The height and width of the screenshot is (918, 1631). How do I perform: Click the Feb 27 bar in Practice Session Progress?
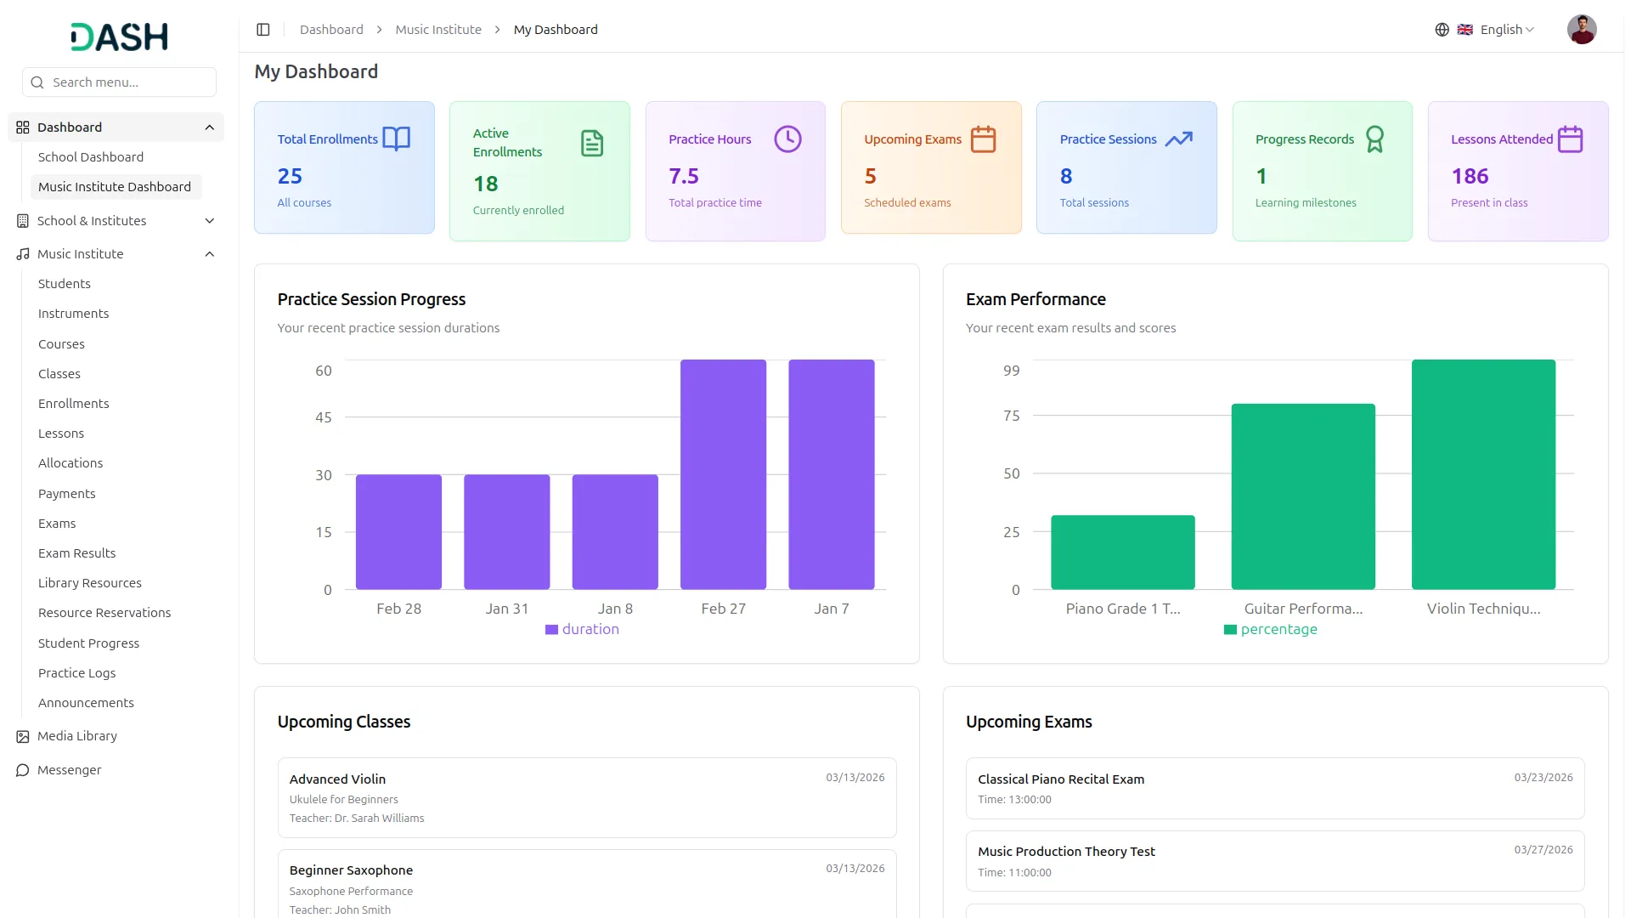click(x=723, y=474)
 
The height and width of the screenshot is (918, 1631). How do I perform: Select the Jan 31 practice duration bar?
click(x=507, y=532)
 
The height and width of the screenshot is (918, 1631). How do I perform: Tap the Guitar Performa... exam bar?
click(x=1303, y=496)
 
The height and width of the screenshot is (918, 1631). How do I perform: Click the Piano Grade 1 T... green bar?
click(x=1123, y=552)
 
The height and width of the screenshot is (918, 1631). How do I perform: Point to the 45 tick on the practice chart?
click(x=324, y=417)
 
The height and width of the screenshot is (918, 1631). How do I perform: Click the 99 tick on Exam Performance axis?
click(x=1011, y=371)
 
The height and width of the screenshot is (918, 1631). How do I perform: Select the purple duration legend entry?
click(x=583, y=629)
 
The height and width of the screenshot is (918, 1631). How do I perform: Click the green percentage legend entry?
click(x=1271, y=629)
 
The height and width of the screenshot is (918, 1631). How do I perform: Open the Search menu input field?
click(x=119, y=82)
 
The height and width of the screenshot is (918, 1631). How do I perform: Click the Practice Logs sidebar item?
click(x=76, y=673)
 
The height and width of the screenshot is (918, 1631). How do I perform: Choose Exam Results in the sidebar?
click(x=76, y=553)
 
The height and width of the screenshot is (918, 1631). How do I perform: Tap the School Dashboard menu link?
click(x=91, y=157)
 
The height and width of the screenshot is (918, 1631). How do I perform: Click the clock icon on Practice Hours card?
click(x=787, y=139)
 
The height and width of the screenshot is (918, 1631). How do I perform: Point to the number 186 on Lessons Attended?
click(x=1470, y=176)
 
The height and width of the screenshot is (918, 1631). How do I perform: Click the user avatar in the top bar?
click(x=1582, y=30)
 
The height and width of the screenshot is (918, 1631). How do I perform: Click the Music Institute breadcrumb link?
click(x=438, y=30)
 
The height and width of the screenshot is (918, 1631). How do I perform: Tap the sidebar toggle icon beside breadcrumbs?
click(x=263, y=30)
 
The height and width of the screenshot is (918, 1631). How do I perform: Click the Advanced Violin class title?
click(x=337, y=779)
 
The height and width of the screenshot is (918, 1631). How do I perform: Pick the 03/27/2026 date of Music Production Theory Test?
click(x=1544, y=850)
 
